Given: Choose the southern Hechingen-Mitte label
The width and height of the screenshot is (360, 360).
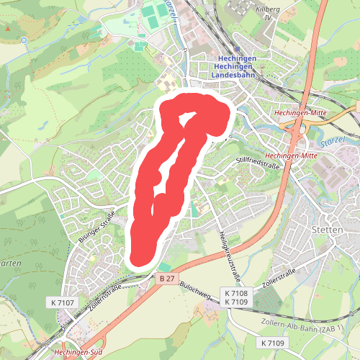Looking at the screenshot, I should (x=292, y=156).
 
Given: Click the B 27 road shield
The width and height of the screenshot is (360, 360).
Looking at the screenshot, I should (x=167, y=277).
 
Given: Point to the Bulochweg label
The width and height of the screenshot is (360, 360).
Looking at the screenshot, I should (x=196, y=287).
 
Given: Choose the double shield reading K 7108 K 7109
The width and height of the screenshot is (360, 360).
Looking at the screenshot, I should (x=236, y=297).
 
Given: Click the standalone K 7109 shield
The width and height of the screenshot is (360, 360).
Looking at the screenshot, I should (x=273, y=342).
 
